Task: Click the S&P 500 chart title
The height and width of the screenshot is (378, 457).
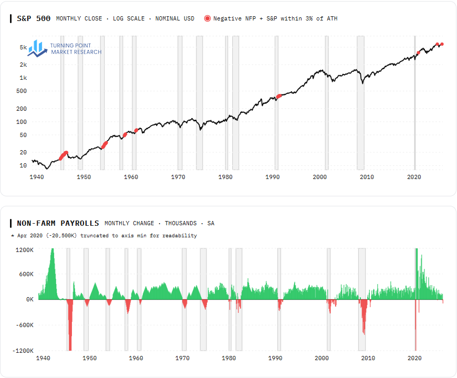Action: [x=34, y=18]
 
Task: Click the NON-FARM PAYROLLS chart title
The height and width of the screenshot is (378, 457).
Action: [x=58, y=223]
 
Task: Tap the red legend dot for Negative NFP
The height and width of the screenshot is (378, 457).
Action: [x=207, y=18]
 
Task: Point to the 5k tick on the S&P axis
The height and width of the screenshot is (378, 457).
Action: [x=24, y=47]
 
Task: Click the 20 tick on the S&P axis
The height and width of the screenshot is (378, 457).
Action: [x=24, y=152]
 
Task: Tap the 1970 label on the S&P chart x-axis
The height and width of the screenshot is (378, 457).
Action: [x=178, y=177]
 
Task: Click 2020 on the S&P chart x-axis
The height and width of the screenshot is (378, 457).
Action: [x=414, y=177]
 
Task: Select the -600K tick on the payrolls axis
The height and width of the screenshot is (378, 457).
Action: [x=25, y=325]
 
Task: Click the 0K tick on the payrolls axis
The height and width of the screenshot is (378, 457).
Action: [x=29, y=299]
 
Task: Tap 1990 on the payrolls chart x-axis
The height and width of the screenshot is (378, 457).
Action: [x=275, y=358]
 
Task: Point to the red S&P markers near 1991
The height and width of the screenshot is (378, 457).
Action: [x=279, y=96]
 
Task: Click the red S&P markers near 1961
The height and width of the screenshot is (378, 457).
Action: [x=136, y=130]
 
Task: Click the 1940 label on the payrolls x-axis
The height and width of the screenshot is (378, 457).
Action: [x=43, y=358]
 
